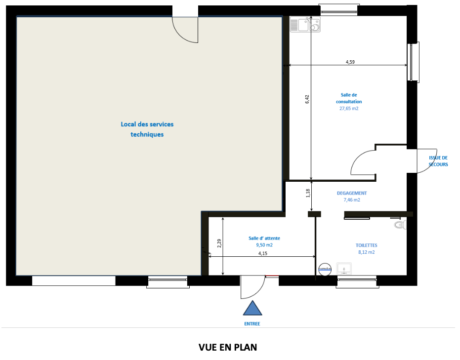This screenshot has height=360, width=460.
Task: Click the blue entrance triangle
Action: [252, 309]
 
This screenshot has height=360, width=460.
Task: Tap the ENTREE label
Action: [252, 324]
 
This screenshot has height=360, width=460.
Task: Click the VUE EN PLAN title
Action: [228, 347]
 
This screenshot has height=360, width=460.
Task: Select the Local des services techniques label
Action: [147, 129]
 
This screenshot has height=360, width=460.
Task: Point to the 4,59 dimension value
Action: [350, 62]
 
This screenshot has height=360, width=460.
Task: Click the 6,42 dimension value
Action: [307, 99]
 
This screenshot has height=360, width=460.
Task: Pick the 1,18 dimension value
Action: [308, 193]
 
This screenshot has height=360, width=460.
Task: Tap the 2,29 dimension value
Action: [219, 243]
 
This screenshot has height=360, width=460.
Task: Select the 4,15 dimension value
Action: [263, 253]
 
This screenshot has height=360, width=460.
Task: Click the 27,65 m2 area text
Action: [349, 109]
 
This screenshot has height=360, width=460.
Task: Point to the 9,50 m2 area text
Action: [264, 245]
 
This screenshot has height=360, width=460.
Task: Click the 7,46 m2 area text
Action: [352, 200]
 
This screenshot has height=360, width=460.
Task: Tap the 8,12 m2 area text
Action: [367, 252]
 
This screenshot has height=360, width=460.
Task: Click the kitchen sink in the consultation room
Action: [305, 24]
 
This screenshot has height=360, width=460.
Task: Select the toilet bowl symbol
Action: [400, 225]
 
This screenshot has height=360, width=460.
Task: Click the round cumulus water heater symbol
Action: [325, 269]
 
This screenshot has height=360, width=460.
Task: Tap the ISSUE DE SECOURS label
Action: [438, 161]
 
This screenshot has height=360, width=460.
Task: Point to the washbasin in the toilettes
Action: [344, 269]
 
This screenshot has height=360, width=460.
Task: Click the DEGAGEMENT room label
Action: [352, 193]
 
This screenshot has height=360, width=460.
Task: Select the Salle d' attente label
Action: [264, 239]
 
